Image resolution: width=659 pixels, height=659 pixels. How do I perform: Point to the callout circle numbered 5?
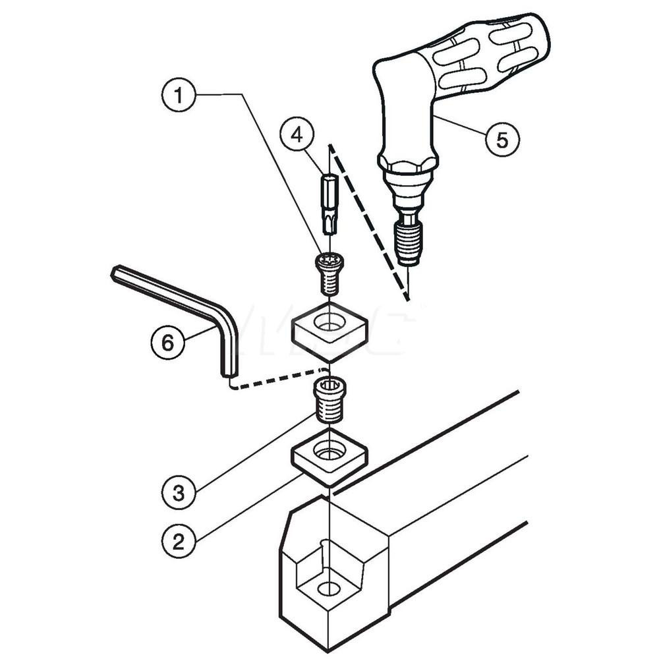pos(502,140)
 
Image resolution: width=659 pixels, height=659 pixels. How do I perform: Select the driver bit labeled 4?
pos(329,203)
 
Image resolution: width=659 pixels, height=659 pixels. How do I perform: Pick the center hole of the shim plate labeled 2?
pos(329,451)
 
